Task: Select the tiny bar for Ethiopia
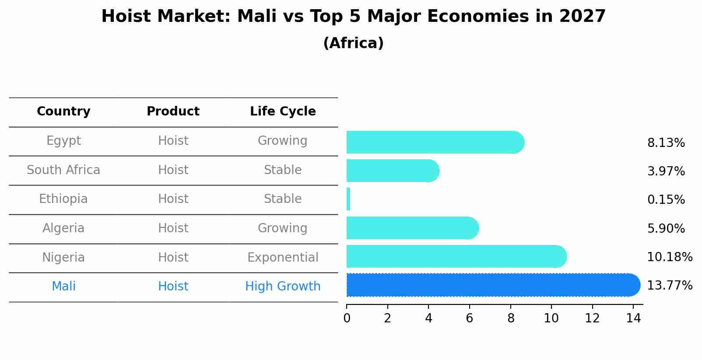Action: (348, 199)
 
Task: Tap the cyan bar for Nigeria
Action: (455, 257)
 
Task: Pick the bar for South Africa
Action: (392, 171)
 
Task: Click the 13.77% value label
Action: (669, 286)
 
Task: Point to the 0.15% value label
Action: (666, 200)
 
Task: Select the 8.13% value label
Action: (666, 143)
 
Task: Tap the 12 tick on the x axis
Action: (592, 318)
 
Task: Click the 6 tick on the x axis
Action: (469, 318)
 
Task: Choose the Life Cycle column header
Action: (283, 112)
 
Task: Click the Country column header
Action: (63, 112)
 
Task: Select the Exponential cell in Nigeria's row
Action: (283, 258)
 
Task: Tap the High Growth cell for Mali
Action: (283, 287)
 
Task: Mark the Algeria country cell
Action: (63, 228)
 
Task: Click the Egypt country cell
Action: (63, 141)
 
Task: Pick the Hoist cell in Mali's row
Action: (173, 287)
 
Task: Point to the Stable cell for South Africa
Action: (283, 170)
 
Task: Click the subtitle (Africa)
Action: (353, 43)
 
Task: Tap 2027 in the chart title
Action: (582, 17)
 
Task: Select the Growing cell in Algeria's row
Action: (283, 228)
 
